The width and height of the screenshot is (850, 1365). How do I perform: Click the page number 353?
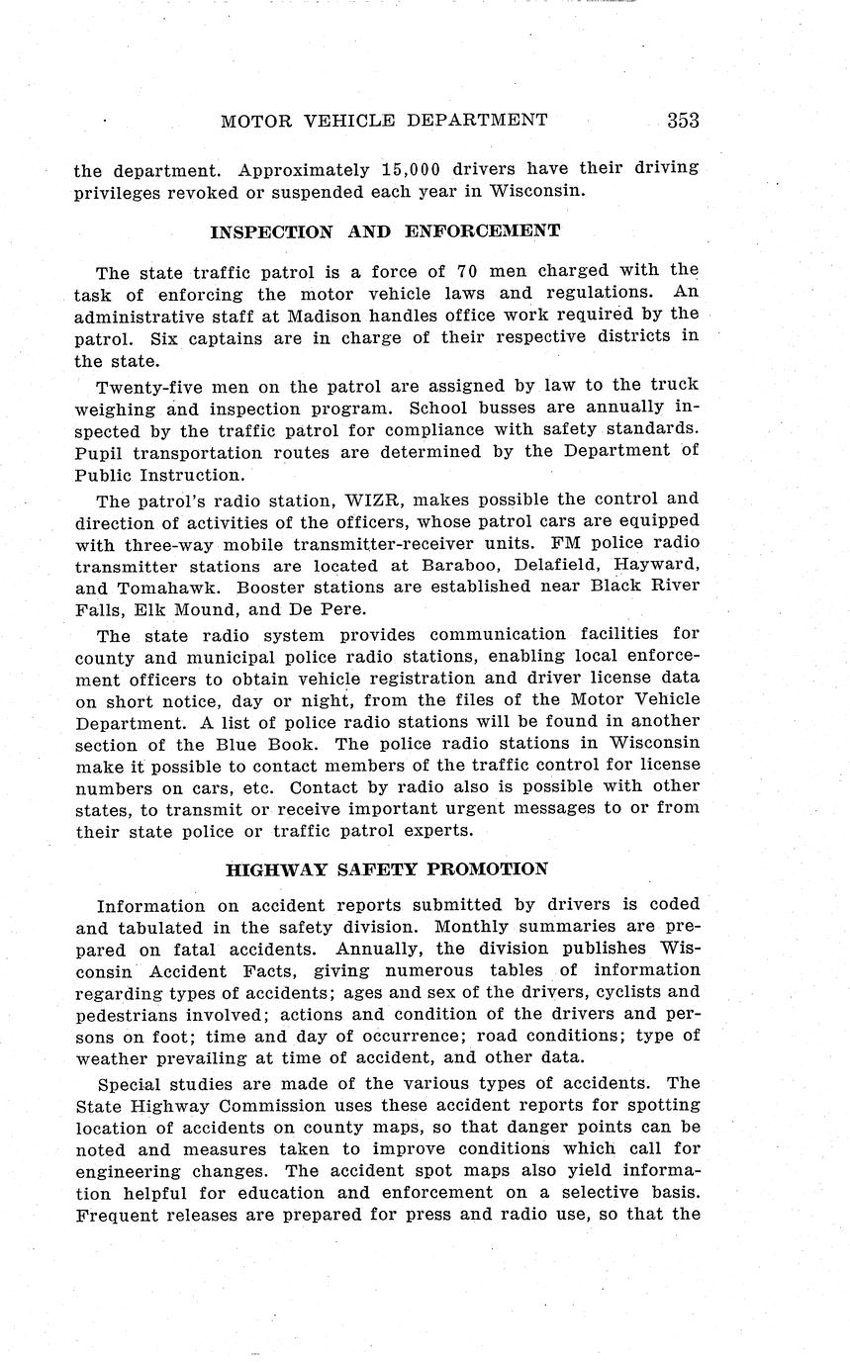[683, 121]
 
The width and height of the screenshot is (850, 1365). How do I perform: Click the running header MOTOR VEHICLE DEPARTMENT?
[384, 121]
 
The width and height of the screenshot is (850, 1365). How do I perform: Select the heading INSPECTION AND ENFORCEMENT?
[386, 231]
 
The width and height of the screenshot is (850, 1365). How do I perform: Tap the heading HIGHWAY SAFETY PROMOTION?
[387, 870]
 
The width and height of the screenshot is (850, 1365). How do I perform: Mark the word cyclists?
[634, 992]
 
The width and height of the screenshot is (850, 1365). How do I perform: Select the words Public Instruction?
[158, 475]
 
